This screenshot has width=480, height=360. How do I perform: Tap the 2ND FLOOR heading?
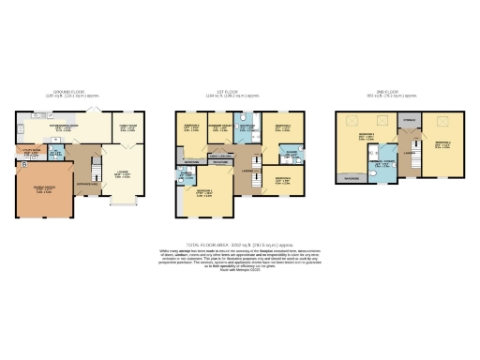tap(388, 92)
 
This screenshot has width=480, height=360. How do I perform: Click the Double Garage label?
tap(44, 188)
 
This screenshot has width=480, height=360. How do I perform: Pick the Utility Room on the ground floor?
tap(33, 150)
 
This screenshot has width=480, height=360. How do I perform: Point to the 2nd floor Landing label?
tap(408, 156)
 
